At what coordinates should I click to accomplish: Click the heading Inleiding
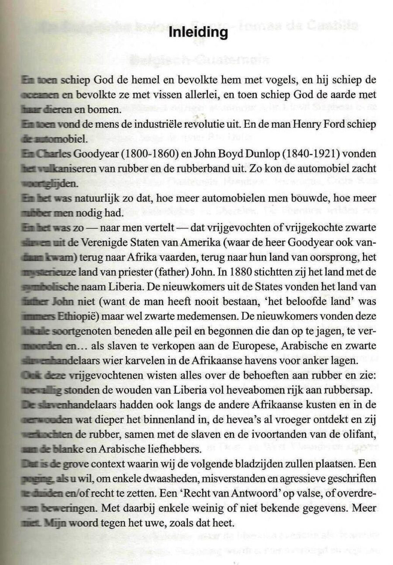199,33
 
